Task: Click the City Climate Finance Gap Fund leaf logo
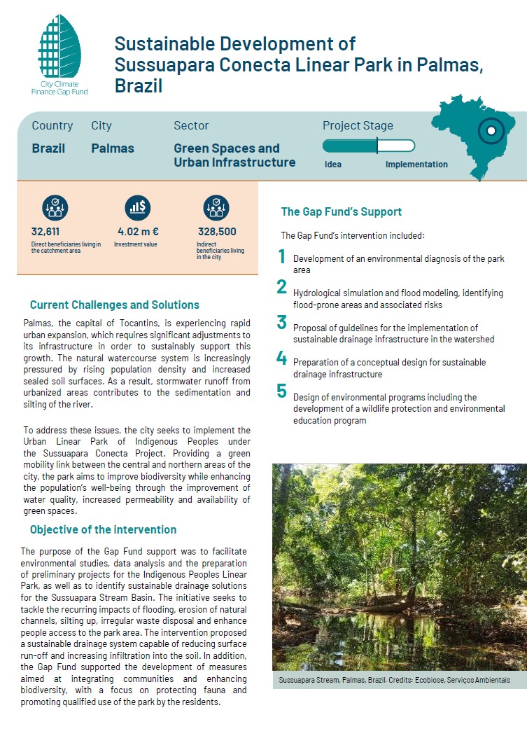pyautogui.click(x=60, y=49)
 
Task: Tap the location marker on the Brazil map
pyautogui.click(x=491, y=130)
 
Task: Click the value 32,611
pyautogui.click(x=45, y=232)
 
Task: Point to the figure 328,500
pyautogui.click(x=216, y=232)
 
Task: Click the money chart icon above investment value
pyautogui.click(x=137, y=207)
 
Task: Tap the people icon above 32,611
pyautogui.click(x=55, y=207)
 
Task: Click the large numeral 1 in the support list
pyautogui.click(x=282, y=257)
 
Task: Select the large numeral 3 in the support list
pyautogui.click(x=282, y=322)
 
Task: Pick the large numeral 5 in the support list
pyautogui.click(x=282, y=391)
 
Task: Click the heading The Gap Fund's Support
pyautogui.click(x=341, y=211)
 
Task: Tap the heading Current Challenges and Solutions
pyautogui.click(x=114, y=305)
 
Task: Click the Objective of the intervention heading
pyautogui.click(x=103, y=529)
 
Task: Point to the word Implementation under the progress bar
pyautogui.click(x=416, y=165)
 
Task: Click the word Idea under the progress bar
pyautogui.click(x=333, y=165)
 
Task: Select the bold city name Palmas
pyautogui.click(x=112, y=148)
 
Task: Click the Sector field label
pyautogui.click(x=191, y=125)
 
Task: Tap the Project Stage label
pyautogui.click(x=358, y=125)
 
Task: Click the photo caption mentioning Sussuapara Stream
pyautogui.click(x=394, y=681)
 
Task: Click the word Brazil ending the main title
pyautogui.click(x=139, y=86)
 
